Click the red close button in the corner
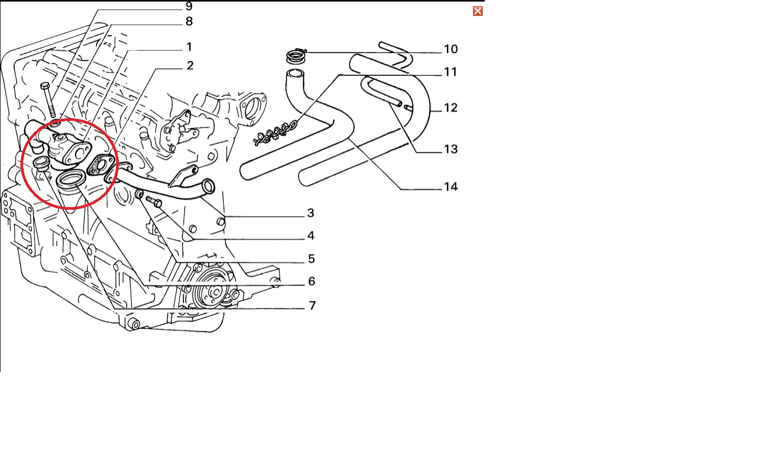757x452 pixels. (477, 11)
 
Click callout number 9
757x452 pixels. (189, 6)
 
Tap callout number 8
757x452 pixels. (189, 22)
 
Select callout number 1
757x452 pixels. (189, 47)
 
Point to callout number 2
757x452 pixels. (190, 66)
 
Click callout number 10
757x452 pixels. (451, 49)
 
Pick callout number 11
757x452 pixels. (450, 72)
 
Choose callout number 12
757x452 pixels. (451, 108)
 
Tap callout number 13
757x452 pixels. (451, 149)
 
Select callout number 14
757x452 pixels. (451, 187)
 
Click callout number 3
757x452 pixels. (311, 213)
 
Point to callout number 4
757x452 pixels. (311, 235)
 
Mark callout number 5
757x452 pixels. (311, 259)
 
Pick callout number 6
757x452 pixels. (311, 282)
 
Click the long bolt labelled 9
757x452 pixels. (48, 100)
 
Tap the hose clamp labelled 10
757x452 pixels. (296, 55)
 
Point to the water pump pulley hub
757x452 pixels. (214, 292)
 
